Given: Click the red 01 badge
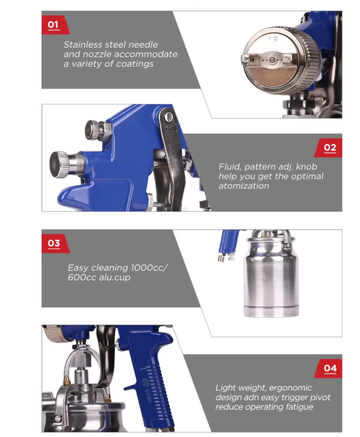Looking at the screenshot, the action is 55,25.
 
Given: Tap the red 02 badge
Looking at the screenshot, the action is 329,148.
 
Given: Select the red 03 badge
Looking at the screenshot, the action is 55,244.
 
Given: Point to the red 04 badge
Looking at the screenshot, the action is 329,368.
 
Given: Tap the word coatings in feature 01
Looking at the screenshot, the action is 135,64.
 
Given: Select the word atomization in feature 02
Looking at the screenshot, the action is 244,186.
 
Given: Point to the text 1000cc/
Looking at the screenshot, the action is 149,268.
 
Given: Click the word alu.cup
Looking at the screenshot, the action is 114,278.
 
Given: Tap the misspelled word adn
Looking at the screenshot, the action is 251,397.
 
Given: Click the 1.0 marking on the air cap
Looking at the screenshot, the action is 273,39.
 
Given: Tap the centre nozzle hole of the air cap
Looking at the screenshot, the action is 272,60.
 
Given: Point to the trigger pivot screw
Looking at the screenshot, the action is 168,117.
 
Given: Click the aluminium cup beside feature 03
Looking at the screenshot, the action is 271,274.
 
